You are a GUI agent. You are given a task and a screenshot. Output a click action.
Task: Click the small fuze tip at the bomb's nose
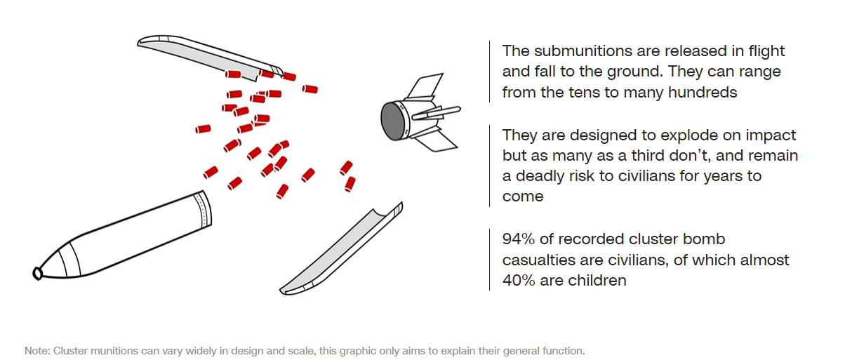(x=38, y=273)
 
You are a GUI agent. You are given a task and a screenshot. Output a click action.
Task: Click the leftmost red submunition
(x=203, y=129)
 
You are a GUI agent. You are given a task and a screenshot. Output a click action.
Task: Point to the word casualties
(x=538, y=260)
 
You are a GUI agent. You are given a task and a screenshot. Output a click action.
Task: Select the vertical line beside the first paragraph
(x=489, y=72)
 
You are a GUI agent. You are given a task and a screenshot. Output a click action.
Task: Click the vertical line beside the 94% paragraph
(x=489, y=260)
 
